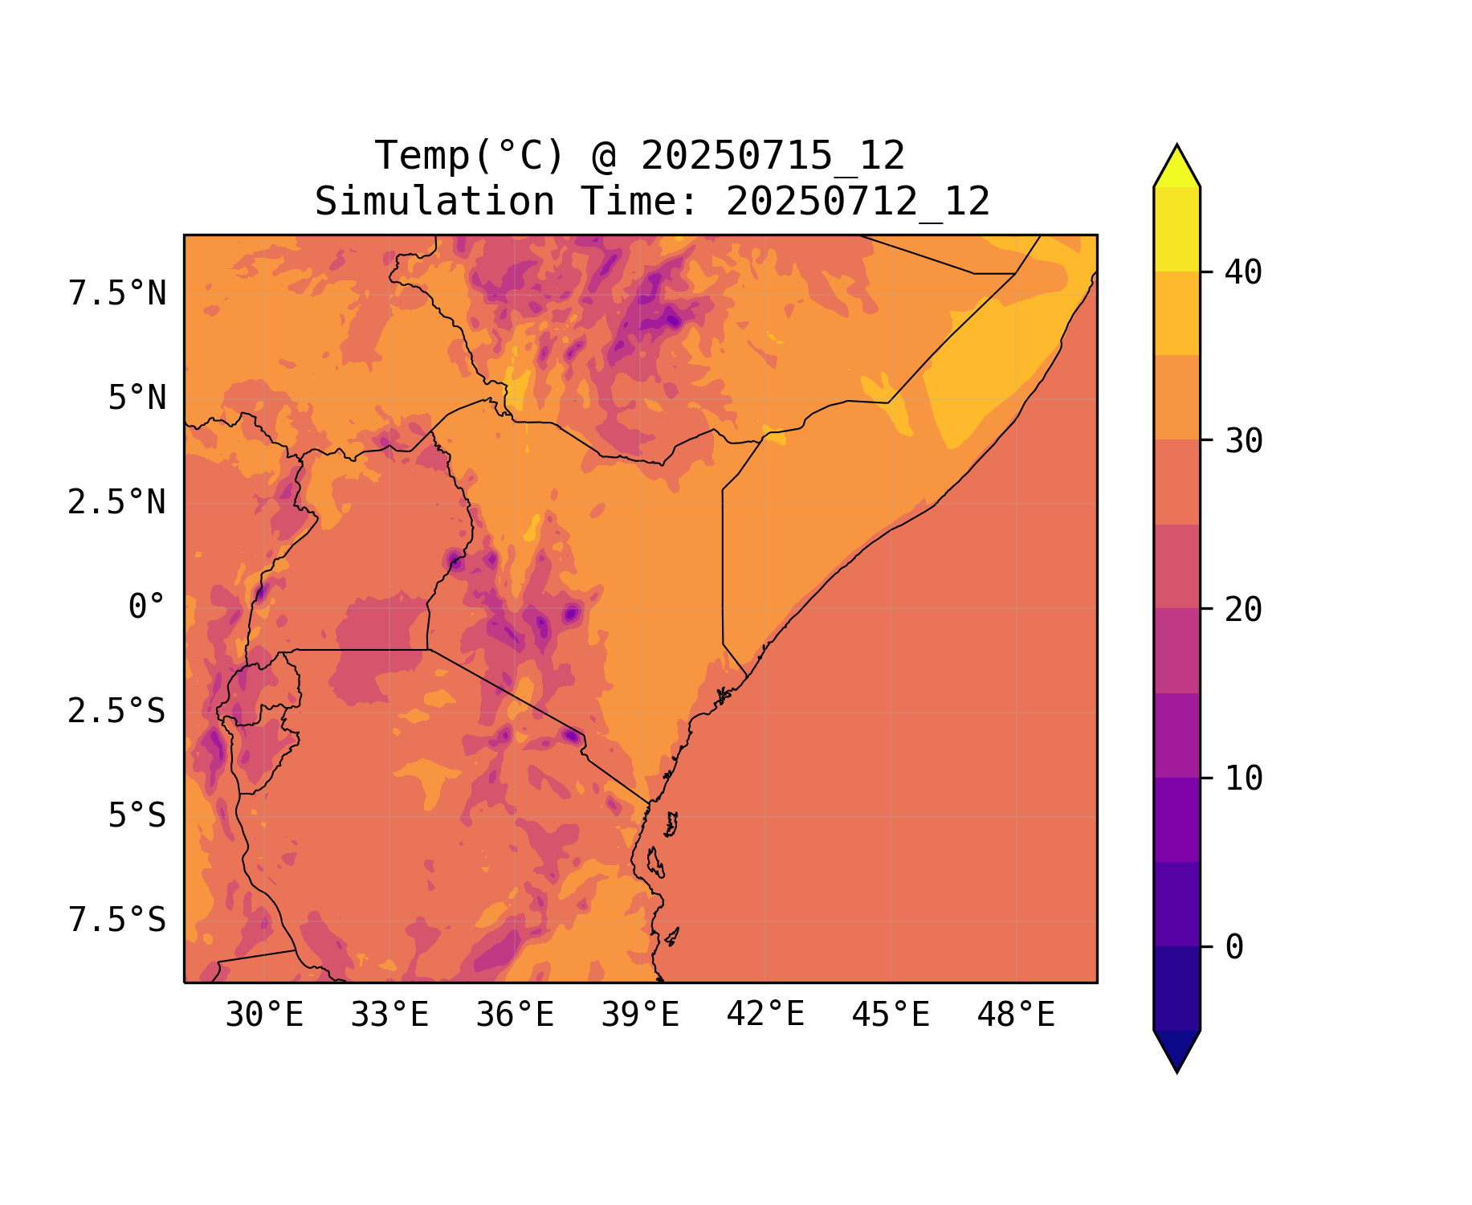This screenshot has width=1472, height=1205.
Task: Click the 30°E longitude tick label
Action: coord(264,1015)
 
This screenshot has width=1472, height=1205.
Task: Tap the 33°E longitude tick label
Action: coord(389,1015)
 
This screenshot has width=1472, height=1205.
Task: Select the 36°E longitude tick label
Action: coord(515,1015)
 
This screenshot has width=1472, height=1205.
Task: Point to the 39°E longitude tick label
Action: coord(640,1015)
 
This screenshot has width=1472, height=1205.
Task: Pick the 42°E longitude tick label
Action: coord(765,1015)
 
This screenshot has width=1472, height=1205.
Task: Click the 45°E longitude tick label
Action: coord(891,1015)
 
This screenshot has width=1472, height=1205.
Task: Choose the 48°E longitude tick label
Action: coord(1016,1015)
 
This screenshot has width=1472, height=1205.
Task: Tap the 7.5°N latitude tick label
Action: coord(117,294)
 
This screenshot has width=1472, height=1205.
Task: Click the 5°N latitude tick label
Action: coord(137,398)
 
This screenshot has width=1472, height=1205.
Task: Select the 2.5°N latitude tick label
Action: coord(117,503)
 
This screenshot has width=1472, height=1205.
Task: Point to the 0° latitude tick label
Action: coord(147,607)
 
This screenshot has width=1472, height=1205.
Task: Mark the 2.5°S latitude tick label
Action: coord(117,711)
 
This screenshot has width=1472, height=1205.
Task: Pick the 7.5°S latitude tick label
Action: coord(117,920)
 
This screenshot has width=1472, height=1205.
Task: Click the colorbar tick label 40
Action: coord(1243,272)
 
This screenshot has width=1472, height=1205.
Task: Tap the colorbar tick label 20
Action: coord(1243,610)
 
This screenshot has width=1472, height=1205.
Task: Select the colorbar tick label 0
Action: coord(1234,947)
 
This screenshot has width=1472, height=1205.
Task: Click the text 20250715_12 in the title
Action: coord(773,156)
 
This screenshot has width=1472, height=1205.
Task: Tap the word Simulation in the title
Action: coord(434,202)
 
